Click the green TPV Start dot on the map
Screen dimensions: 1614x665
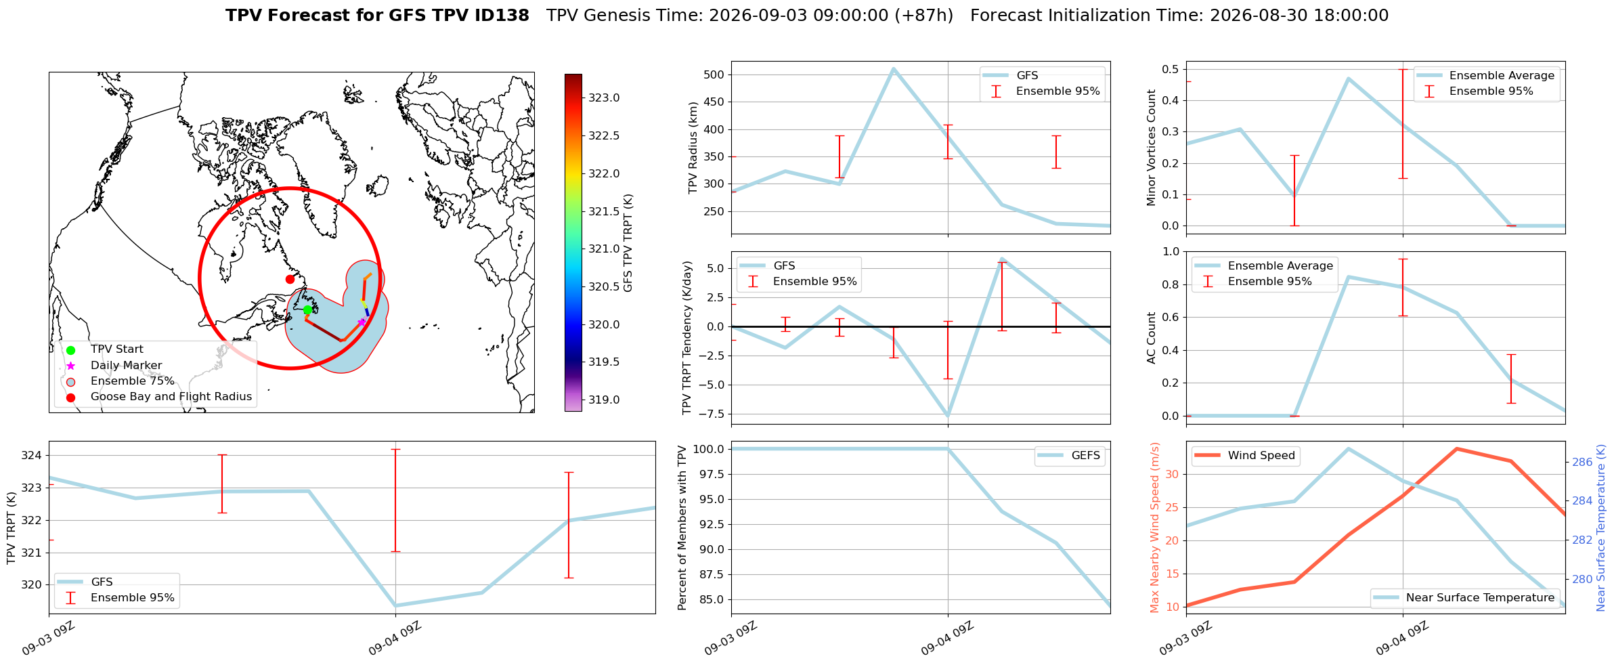click(x=307, y=310)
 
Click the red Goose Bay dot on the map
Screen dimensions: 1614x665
click(x=290, y=279)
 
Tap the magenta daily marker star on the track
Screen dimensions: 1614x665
click(x=362, y=322)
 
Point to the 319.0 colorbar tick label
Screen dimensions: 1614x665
click(x=603, y=400)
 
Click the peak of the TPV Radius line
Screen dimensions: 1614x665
click(x=894, y=68)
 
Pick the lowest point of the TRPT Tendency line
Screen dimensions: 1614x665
click(x=948, y=416)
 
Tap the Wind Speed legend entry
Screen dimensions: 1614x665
click(x=1244, y=456)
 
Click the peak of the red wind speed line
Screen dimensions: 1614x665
click(x=1457, y=449)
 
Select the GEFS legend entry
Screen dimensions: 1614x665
click(x=1069, y=456)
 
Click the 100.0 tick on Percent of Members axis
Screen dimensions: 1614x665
click(x=710, y=449)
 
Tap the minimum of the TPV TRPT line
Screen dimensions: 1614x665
click(x=395, y=605)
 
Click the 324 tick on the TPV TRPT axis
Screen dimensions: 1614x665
click(x=31, y=456)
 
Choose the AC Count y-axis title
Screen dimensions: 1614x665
click(x=1152, y=338)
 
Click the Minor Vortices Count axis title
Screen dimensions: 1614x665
click(x=1152, y=148)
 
